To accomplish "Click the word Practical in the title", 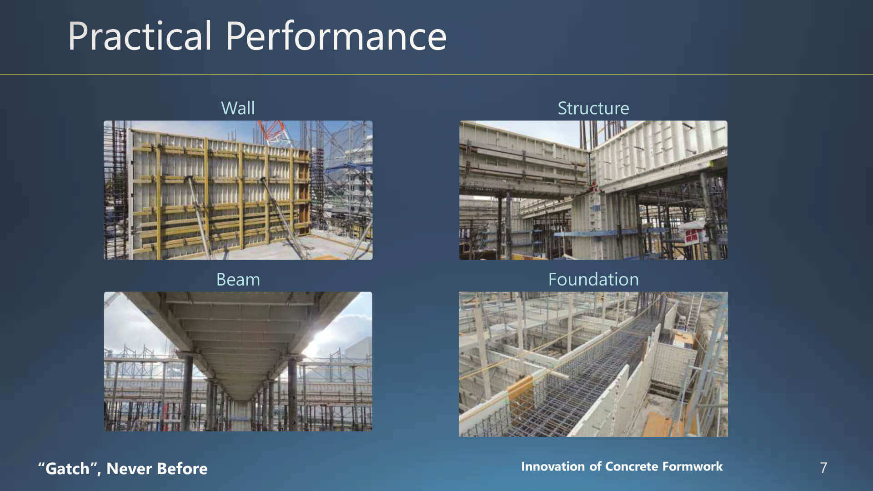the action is click(140, 36).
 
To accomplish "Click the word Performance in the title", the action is click(336, 36).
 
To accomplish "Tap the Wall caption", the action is click(238, 108).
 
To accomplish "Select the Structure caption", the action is click(593, 108).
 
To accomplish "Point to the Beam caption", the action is click(238, 280).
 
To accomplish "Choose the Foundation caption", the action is click(593, 280).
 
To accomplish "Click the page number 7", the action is click(823, 467).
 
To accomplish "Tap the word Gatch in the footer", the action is click(67, 468).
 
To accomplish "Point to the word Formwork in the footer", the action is click(692, 466).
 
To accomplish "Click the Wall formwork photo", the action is click(238, 190).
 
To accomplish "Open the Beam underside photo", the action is click(238, 361).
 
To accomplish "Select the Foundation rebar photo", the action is click(593, 364).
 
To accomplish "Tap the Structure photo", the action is click(593, 190).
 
